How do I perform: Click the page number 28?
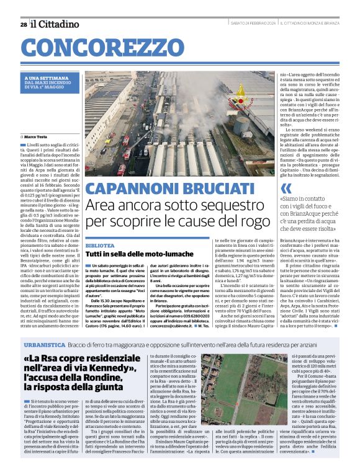[23, 24]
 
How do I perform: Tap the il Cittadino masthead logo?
[55, 24]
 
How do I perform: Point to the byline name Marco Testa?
[38, 136]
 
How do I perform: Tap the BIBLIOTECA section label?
[100, 246]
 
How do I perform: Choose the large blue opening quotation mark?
[286, 189]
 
